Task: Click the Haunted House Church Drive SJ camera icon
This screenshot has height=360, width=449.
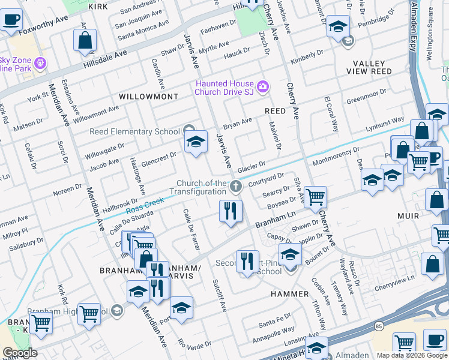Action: tap(263, 88)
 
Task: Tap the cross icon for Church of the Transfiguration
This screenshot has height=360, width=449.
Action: tap(236, 188)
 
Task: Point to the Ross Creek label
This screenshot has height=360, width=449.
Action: tap(145, 206)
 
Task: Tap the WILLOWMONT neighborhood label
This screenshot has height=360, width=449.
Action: tap(148, 96)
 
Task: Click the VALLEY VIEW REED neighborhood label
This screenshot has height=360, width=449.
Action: tap(369, 67)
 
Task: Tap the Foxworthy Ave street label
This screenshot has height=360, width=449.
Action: tap(43, 26)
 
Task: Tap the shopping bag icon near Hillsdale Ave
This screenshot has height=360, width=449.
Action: tap(85, 41)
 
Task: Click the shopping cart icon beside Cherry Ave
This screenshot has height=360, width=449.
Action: tap(315, 197)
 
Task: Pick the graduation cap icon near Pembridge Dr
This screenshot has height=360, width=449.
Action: tap(339, 26)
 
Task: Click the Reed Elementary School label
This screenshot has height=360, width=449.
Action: tap(134, 131)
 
